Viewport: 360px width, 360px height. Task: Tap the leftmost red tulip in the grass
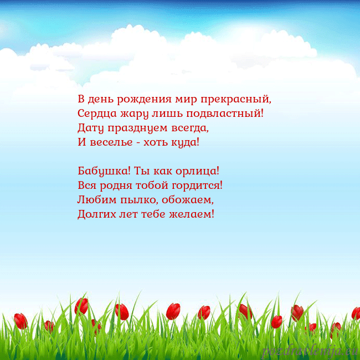(x=20, y=321)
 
